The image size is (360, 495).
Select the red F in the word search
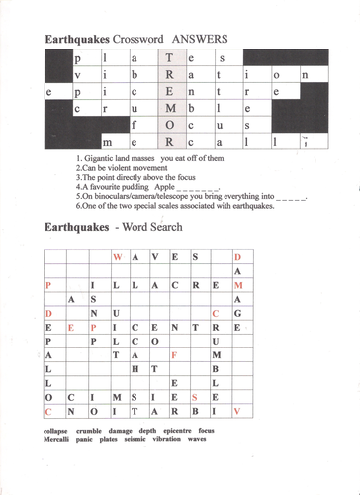[174, 353]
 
